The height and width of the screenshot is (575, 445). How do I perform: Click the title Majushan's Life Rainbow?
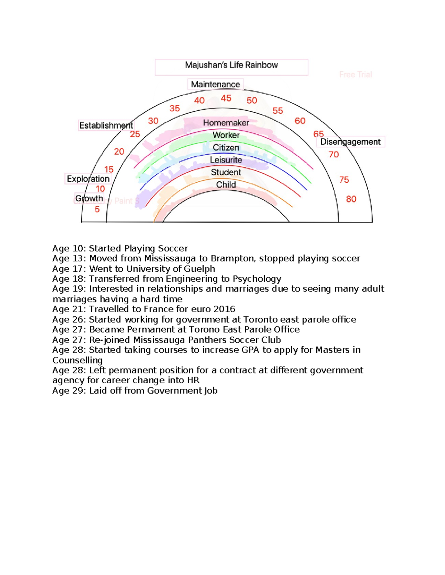click(231, 65)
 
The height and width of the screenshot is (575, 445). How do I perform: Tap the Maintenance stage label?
click(215, 84)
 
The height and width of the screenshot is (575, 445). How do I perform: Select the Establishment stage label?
click(106, 126)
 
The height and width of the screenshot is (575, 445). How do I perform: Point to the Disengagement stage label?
click(350, 142)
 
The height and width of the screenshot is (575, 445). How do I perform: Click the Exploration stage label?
click(88, 179)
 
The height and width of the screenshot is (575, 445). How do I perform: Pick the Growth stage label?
click(89, 198)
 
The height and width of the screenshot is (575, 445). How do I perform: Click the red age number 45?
click(226, 98)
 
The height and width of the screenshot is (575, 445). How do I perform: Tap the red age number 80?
click(351, 199)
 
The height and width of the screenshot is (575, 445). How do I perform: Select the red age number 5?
click(97, 210)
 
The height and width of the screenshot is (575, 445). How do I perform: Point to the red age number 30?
click(153, 121)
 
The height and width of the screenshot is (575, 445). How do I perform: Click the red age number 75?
click(344, 180)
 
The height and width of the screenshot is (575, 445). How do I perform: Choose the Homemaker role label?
click(226, 123)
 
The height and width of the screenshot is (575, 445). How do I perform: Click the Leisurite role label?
click(226, 160)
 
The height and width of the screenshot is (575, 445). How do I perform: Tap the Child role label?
click(226, 184)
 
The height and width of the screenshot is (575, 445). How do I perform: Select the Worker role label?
click(226, 135)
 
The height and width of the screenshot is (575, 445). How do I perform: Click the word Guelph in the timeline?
click(202, 269)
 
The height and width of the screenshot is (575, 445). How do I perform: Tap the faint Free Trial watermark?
click(355, 75)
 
